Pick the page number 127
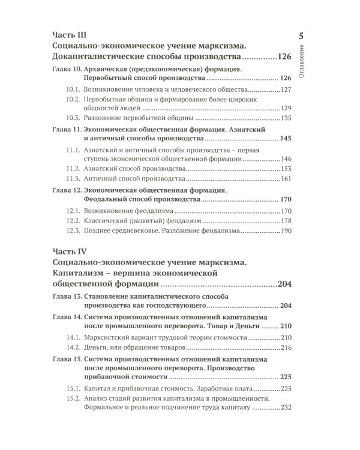pos(283,89)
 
